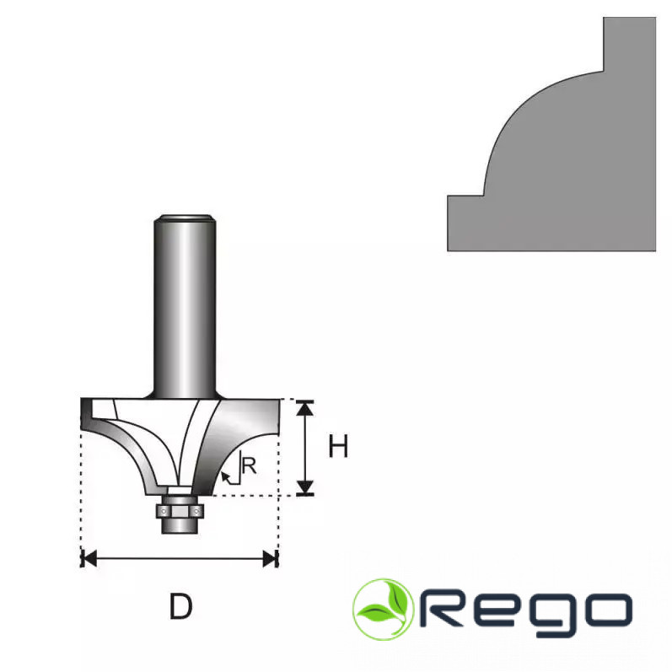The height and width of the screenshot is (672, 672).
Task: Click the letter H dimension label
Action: (x=338, y=446)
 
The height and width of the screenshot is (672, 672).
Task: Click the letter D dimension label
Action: (x=180, y=606)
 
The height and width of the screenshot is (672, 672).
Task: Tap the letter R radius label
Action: (x=249, y=466)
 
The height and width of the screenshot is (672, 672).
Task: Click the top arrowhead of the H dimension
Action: (x=304, y=408)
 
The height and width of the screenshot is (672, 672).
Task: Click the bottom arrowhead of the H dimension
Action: (x=304, y=487)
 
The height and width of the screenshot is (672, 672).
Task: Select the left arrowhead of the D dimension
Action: (x=89, y=559)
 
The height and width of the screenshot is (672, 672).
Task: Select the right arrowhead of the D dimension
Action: (x=270, y=559)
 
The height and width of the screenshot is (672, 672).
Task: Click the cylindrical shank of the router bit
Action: (x=185, y=306)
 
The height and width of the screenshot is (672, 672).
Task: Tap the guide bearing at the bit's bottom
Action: (x=180, y=513)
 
